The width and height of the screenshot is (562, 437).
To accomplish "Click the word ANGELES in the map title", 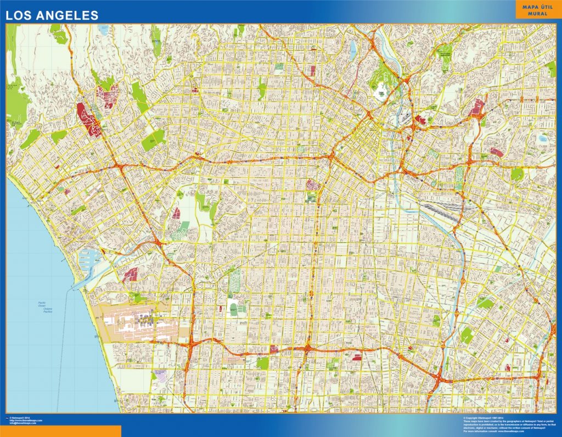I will click(68, 15).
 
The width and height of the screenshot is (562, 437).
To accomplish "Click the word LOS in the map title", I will click(19, 15).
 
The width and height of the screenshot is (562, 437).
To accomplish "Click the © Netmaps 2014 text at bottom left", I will click(20, 418).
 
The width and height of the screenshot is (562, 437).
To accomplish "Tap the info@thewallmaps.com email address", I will click(23, 423).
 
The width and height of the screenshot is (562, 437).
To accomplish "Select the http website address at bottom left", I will click(25, 421).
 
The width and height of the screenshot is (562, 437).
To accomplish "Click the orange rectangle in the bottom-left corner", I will click(60, 432).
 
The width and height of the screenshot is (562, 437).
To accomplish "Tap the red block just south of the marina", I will click(131, 274).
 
